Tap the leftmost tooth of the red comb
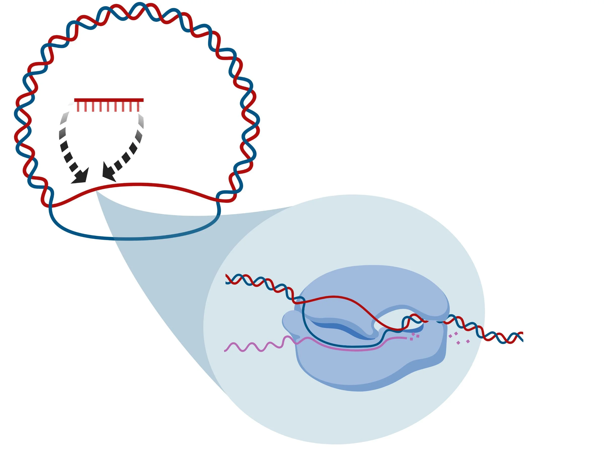point(78,106)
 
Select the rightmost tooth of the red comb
point(138,106)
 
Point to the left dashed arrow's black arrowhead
point(80,177)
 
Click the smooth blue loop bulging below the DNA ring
point(131,238)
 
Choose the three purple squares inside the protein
point(414,337)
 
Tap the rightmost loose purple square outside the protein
point(468,341)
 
